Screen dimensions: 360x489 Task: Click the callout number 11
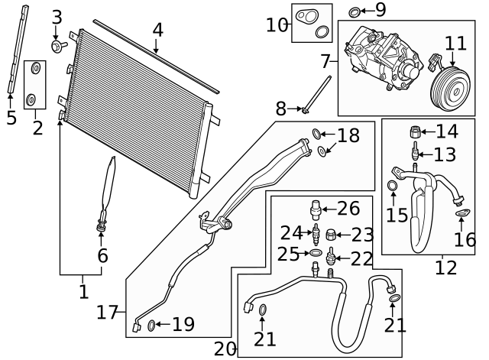click(455, 43)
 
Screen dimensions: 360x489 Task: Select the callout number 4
click(157, 31)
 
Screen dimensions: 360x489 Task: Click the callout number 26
click(348, 208)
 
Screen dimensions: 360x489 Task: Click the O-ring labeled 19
click(151, 326)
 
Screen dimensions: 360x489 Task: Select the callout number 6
click(102, 256)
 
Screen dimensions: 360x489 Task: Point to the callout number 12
click(445, 268)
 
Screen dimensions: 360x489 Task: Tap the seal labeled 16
click(462, 213)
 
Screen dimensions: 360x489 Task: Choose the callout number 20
click(225, 349)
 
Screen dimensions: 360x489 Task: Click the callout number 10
click(276, 24)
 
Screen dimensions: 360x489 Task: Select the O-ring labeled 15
click(393, 186)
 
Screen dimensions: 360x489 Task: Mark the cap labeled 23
click(331, 234)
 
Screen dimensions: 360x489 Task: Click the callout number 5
click(11, 118)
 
